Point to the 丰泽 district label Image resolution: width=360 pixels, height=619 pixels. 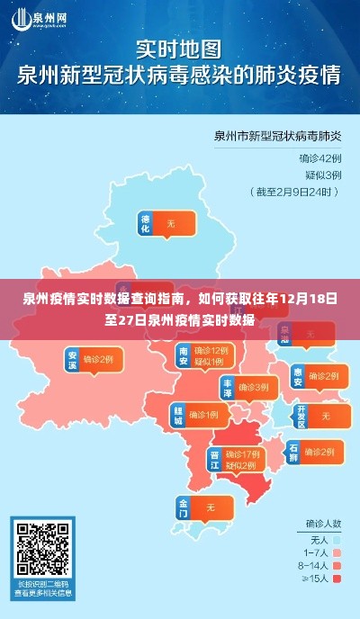pos(228,387)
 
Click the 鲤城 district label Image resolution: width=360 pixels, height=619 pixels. pos(177,415)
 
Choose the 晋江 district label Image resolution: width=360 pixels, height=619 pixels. pos(215,459)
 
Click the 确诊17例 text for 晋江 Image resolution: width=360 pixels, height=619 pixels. pos(244,453)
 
